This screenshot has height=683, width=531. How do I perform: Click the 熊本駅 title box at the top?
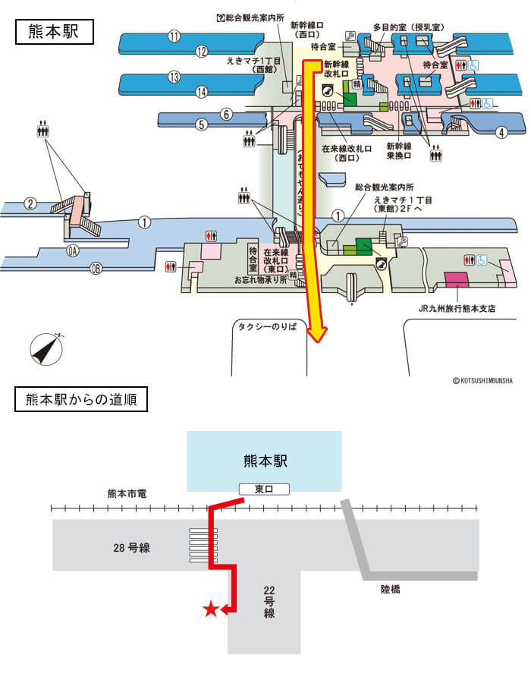(53, 33)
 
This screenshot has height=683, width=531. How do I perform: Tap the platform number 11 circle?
(174, 36)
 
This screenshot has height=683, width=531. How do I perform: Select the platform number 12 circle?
(201, 52)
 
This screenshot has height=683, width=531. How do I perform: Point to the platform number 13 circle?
(174, 77)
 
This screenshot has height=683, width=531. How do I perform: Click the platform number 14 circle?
(201, 92)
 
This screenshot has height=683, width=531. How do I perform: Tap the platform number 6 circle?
(225, 115)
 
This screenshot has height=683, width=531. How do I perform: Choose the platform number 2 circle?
(30, 203)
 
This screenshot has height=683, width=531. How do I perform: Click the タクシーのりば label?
(269, 326)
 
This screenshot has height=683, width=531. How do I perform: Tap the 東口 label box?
(264, 489)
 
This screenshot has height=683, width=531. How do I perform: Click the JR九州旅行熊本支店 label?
(457, 309)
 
